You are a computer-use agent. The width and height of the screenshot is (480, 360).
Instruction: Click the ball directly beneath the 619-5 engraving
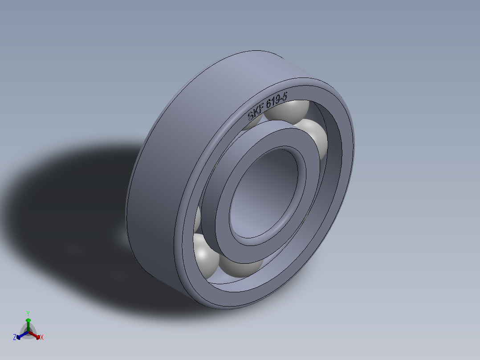tap(289, 111)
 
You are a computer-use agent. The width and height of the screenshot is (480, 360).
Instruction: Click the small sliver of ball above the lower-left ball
tap(197, 218)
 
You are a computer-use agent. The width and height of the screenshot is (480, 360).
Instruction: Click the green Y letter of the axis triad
tap(28, 313)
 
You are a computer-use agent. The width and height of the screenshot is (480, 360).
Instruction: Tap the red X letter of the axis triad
tap(41, 338)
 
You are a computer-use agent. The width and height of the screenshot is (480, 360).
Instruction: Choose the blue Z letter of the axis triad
tap(15, 338)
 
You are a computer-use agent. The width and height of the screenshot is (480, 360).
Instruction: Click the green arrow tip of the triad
tap(28, 320)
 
